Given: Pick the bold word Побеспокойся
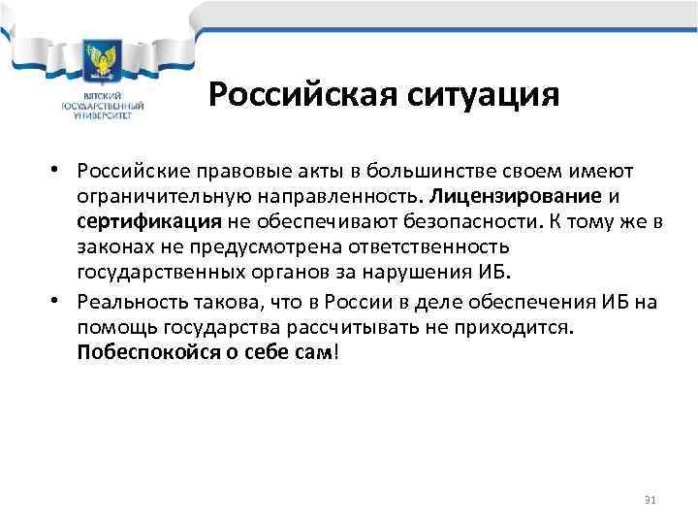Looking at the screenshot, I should tap(144, 355).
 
